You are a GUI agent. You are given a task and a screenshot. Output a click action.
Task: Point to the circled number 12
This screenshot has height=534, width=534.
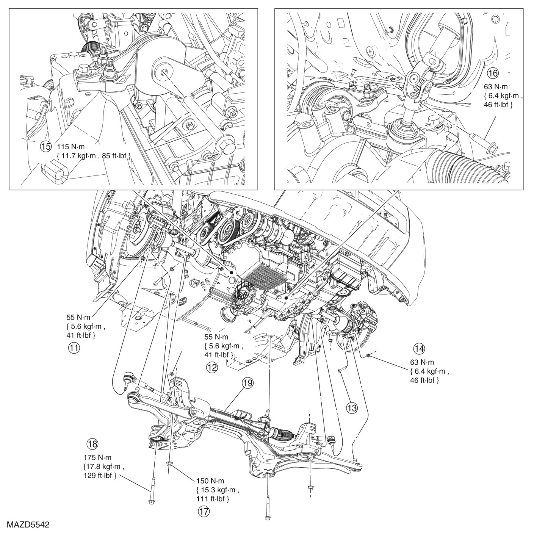point(212,366)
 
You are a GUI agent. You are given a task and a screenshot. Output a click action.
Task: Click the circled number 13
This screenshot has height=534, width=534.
point(352,408)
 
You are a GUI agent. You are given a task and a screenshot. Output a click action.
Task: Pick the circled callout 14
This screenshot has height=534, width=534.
point(419,348)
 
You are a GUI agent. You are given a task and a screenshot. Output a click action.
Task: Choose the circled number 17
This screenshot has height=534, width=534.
point(203,511)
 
